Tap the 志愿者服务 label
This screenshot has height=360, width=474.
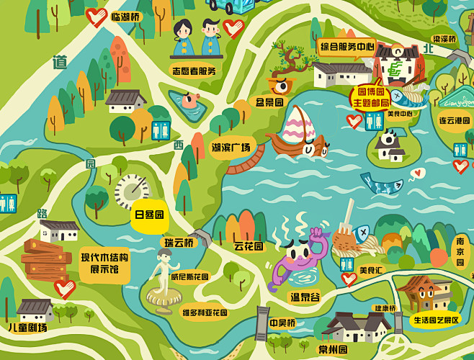click(194, 71)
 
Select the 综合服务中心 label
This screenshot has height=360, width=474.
click(346, 47)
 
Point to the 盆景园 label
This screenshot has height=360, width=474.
click(269, 102)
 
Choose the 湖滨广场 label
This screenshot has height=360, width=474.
click(231, 148)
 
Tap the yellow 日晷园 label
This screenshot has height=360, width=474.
click(149, 215)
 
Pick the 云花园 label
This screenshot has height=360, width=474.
click(249, 246)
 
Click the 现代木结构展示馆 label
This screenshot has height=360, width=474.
click(104, 264)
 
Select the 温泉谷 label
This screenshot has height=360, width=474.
click(304, 297)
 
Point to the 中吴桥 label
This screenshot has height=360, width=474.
click(282, 323)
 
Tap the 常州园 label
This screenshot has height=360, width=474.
click(334, 350)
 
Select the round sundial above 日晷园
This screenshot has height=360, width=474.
click(132, 189)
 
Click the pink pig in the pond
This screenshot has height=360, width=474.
click(189, 101)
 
